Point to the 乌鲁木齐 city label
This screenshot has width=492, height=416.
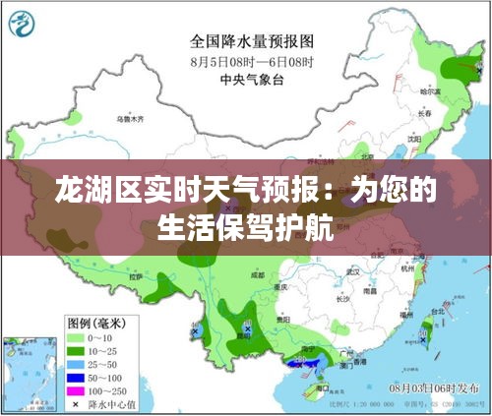point(129,118)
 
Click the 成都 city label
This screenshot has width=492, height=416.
point(258,276)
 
